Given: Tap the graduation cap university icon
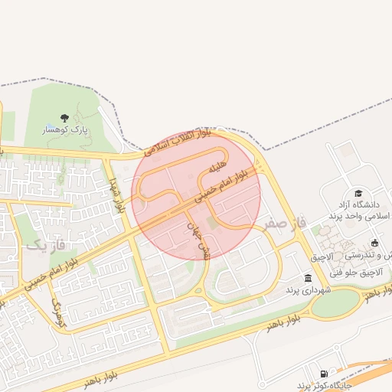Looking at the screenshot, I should (358, 194).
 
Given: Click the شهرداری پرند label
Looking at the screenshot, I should (307, 291).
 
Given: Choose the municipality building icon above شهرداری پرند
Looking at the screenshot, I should (307, 278).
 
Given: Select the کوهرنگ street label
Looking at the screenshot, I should (58, 314).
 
